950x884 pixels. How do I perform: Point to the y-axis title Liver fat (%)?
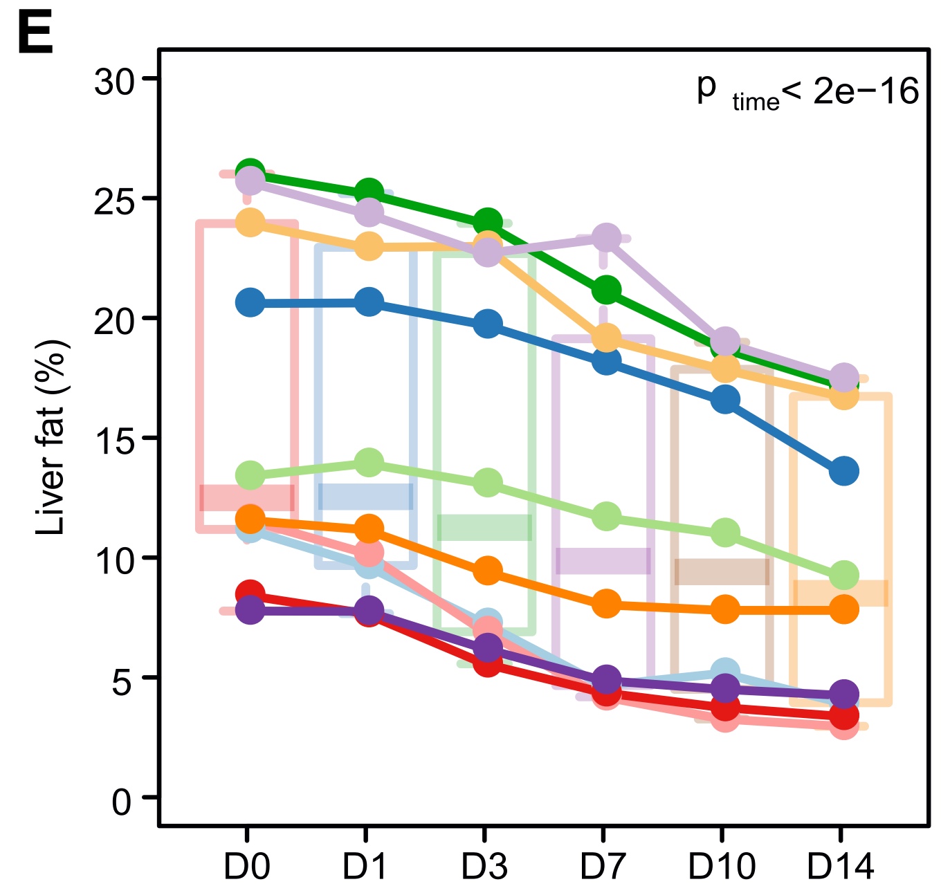point(51,437)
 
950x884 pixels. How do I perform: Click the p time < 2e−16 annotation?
point(807,91)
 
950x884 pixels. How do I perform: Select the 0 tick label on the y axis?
point(122,802)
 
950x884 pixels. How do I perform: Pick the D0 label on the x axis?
point(247,865)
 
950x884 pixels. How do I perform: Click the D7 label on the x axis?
point(603,865)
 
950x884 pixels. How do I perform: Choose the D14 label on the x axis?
point(841,865)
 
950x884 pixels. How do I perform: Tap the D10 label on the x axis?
point(722,865)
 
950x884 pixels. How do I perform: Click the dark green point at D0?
point(250,172)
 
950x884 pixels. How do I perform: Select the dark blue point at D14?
point(844,472)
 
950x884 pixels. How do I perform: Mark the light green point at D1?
point(369,462)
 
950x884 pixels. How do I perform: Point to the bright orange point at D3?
point(488,571)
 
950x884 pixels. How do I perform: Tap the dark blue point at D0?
point(250,302)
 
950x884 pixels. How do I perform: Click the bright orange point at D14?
point(844,609)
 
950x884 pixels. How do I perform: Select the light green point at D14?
point(844,575)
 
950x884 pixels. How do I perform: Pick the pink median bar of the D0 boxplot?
point(247,498)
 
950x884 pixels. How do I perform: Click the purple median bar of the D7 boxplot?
point(603,560)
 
